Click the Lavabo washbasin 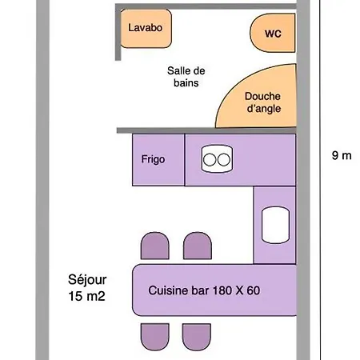(x=146, y=29)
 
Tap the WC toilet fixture (x=273, y=33)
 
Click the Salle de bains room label (x=186, y=77)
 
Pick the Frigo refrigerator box (x=158, y=159)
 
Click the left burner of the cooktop (x=210, y=160)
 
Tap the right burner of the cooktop (x=224, y=160)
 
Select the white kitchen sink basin (x=275, y=225)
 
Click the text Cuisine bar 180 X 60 (x=204, y=290)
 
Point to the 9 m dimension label (x=342, y=155)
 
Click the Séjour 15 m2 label (x=87, y=288)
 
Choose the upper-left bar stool (x=154, y=246)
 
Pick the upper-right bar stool (x=198, y=246)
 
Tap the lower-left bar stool (x=155, y=337)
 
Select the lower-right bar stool (x=197, y=337)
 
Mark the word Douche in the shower (x=262, y=96)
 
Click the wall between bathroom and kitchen (x=206, y=130)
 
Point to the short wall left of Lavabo (x=118, y=33)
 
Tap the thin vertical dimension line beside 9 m (x=320, y=180)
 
